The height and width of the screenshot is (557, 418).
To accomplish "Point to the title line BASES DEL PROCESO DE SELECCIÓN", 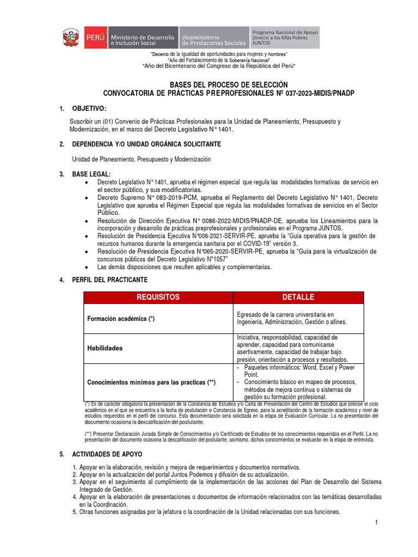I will click(x=228, y=84).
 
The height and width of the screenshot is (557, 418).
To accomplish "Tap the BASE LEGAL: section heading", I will click(x=91, y=174).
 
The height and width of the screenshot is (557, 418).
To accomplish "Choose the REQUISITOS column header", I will click(x=158, y=297).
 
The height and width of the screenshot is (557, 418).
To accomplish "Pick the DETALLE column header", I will click(x=298, y=297).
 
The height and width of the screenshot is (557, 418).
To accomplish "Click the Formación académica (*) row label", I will click(x=121, y=319).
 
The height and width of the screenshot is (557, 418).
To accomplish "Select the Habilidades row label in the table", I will click(x=105, y=348).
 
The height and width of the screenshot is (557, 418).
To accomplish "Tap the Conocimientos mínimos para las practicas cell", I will click(x=151, y=382).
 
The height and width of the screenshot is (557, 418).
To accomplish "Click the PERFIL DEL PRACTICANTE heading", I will click(x=109, y=280).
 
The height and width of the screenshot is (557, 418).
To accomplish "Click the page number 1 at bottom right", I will click(x=376, y=523).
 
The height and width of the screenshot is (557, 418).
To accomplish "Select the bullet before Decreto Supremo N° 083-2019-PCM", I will click(x=87, y=197).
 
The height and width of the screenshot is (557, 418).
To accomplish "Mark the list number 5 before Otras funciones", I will click(x=75, y=512).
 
